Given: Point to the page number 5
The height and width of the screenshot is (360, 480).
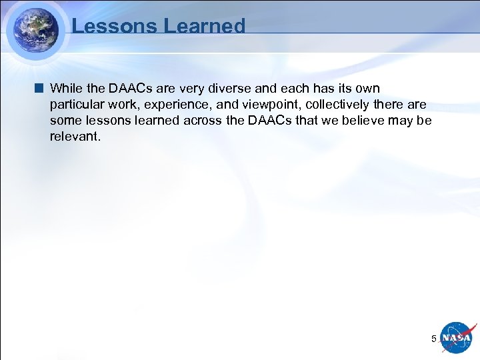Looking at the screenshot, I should pyautogui.click(x=434, y=339).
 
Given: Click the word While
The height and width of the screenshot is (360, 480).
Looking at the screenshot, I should pyautogui.click(x=67, y=89).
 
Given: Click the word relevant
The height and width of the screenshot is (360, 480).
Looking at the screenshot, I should pyautogui.click(x=74, y=137).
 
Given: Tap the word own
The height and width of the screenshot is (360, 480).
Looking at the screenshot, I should pyautogui.click(x=367, y=89).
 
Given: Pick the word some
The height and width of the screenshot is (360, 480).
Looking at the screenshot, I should pyautogui.click(x=65, y=121).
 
